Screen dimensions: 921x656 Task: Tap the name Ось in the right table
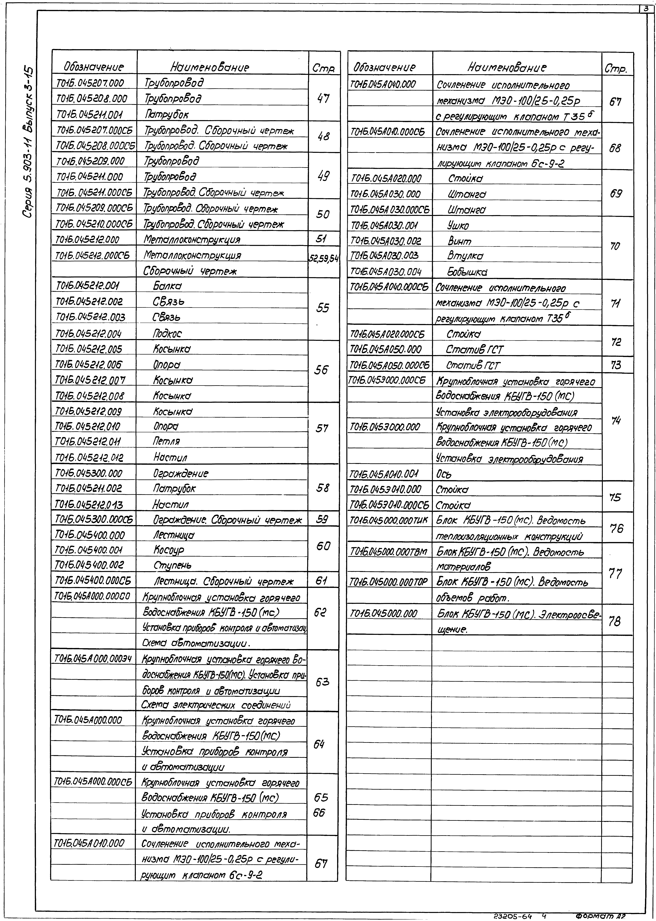click(x=444, y=474)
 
